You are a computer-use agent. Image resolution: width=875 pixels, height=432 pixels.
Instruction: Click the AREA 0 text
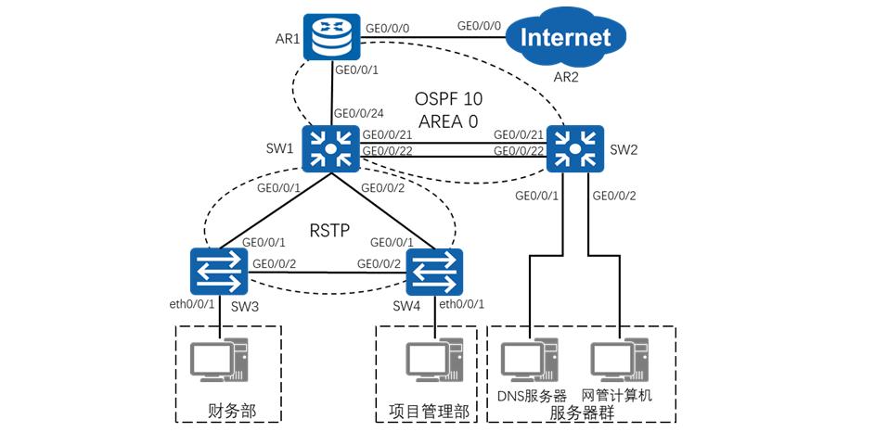(x=449, y=121)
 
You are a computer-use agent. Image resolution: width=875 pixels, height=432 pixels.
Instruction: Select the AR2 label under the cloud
(x=565, y=76)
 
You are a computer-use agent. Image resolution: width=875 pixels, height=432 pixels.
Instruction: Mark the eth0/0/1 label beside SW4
(x=464, y=303)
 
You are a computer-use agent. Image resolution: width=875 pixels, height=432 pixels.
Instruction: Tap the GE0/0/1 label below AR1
(x=358, y=70)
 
